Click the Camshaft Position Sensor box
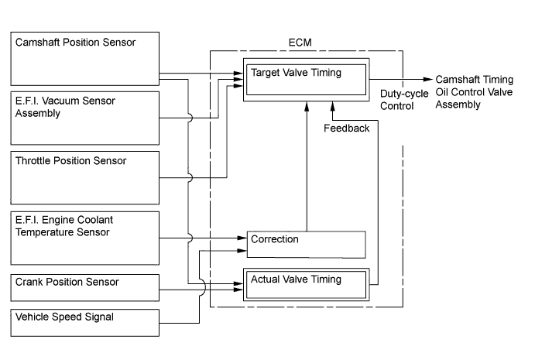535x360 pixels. pyautogui.click(x=84, y=58)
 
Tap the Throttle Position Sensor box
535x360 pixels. pyautogui.click(x=84, y=177)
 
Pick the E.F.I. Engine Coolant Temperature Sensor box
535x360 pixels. pyautogui.click(x=84, y=237)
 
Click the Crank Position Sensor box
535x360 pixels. pyautogui.click(x=84, y=288)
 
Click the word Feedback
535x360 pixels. pyautogui.click(x=347, y=129)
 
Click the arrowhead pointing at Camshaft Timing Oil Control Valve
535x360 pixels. pyautogui.click(x=427, y=79)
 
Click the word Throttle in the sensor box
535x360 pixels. pyautogui.click(x=34, y=161)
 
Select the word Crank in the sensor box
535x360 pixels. pyautogui.click(x=29, y=282)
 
